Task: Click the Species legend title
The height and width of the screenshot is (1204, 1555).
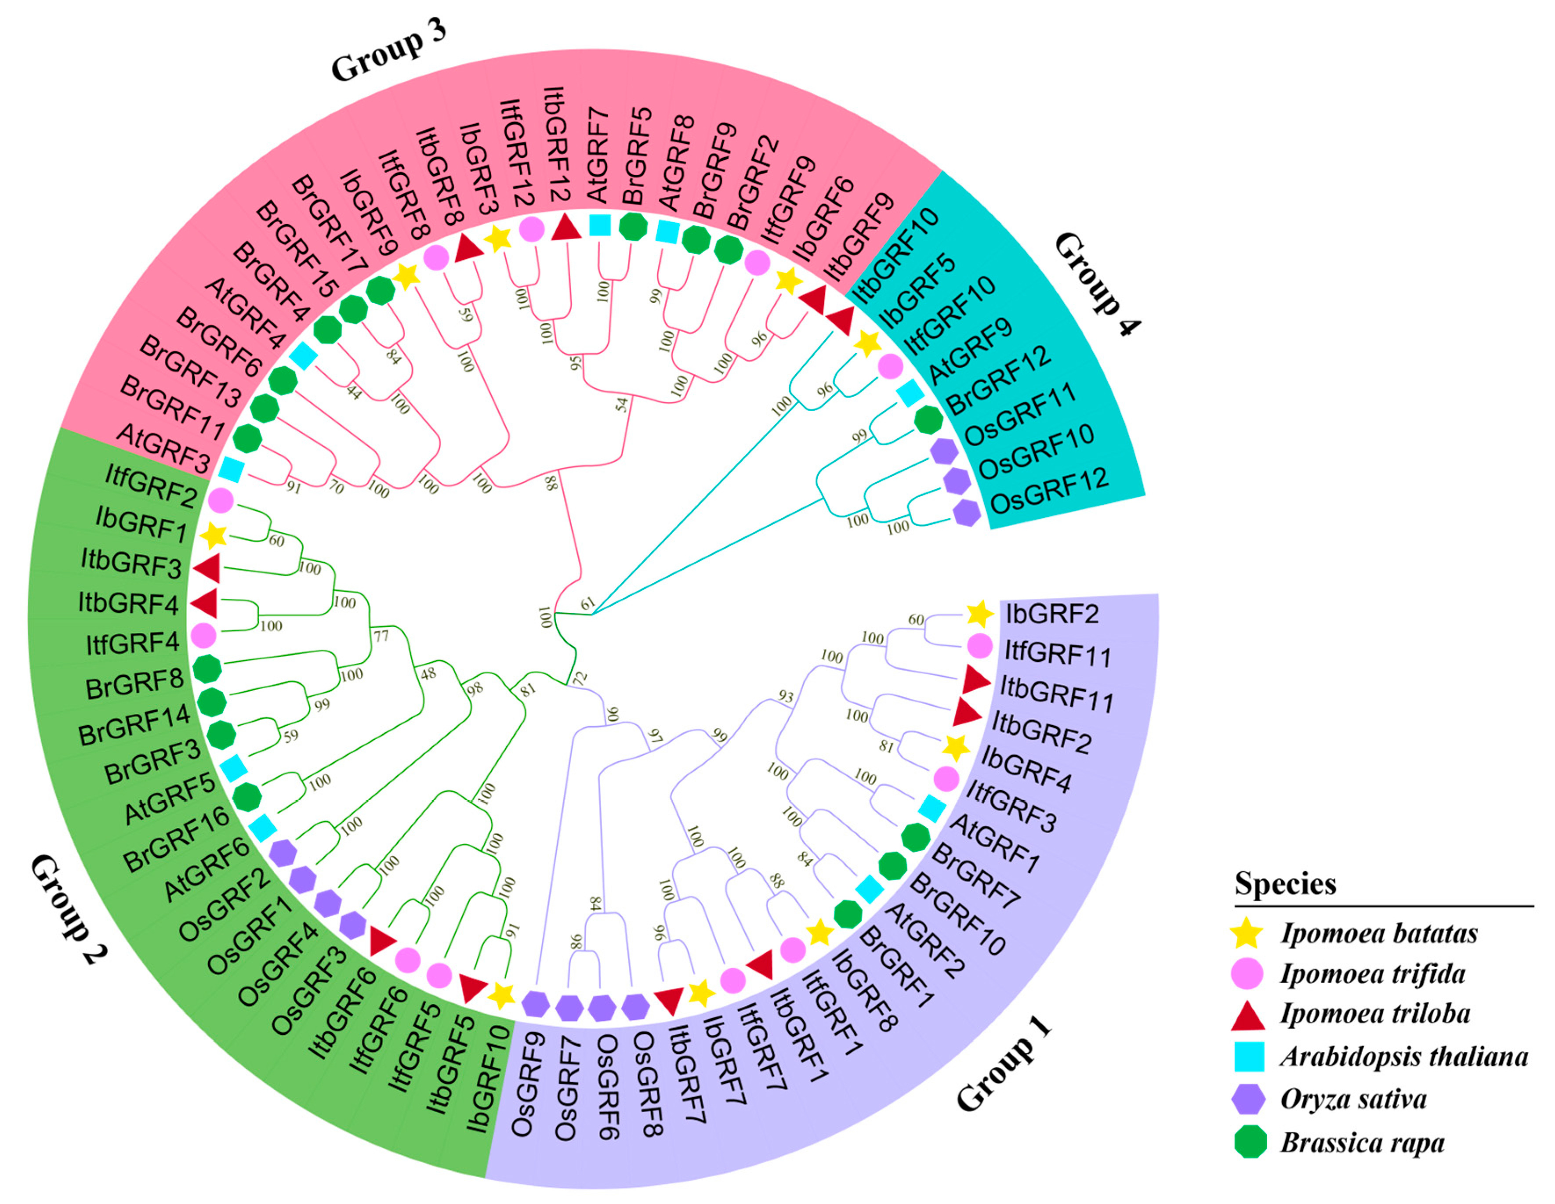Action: coord(1285,884)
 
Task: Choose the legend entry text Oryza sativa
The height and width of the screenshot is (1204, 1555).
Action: coord(1353,1099)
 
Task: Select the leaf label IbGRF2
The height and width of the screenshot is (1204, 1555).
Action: coord(1051,613)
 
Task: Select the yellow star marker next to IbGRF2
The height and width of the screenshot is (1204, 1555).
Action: coord(980,613)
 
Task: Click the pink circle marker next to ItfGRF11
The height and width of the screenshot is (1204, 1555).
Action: coord(980,646)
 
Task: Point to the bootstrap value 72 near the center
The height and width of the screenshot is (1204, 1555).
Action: coord(581,677)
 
